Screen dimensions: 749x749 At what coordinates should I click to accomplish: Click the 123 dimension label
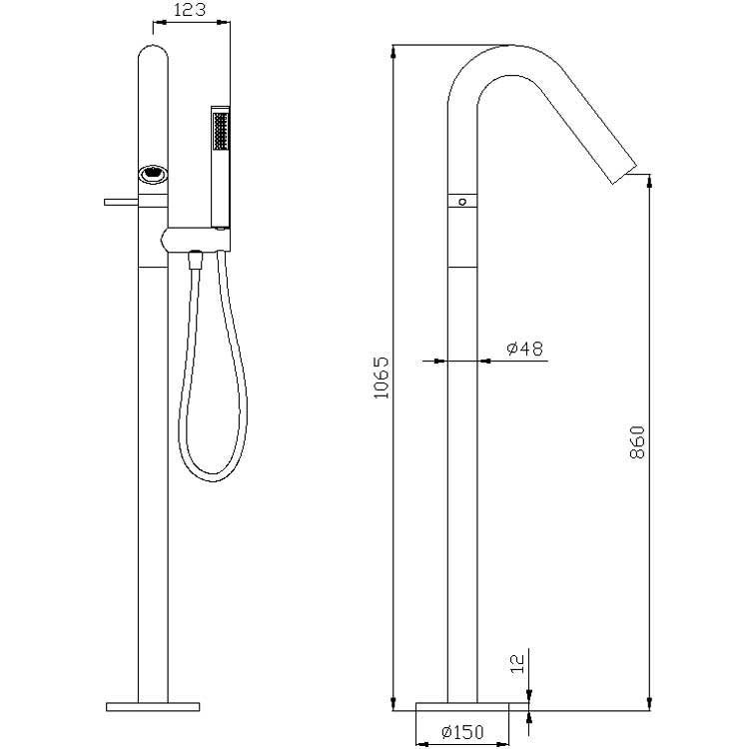(x=190, y=10)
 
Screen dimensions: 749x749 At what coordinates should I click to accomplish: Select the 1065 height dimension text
(x=380, y=377)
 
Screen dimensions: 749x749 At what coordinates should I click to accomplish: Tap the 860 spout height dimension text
(x=637, y=441)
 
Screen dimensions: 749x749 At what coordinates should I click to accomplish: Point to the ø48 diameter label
(x=524, y=349)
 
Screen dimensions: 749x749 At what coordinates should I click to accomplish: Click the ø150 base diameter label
(x=462, y=731)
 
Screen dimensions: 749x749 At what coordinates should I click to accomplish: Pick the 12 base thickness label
(x=517, y=664)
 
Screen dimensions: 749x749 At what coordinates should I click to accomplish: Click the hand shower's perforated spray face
(x=221, y=131)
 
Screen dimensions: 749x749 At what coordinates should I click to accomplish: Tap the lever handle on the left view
(x=121, y=202)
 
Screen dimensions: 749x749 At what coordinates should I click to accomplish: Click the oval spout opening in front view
(x=153, y=174)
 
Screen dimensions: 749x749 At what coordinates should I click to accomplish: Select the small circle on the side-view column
(x=462, y=202)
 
